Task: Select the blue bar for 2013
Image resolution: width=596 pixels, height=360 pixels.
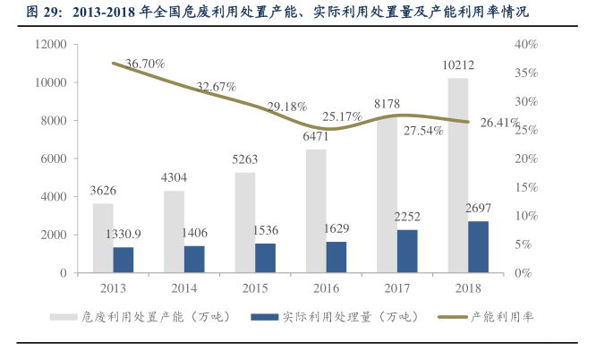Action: tap(123, 260)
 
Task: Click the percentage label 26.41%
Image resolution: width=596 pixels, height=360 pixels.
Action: tap(499, 123)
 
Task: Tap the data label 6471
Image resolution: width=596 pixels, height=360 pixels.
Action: tap(316, 136)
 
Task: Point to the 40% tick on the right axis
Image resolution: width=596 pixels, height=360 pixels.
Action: tap(526, 44)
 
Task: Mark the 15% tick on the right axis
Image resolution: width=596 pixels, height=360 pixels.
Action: tap(526, 187)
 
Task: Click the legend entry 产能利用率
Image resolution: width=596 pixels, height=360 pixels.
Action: tap(502, 316)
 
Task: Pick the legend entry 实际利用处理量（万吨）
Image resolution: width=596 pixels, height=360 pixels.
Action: tap(348, 316)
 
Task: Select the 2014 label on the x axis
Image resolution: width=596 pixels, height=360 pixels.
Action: tap(183, 287)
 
